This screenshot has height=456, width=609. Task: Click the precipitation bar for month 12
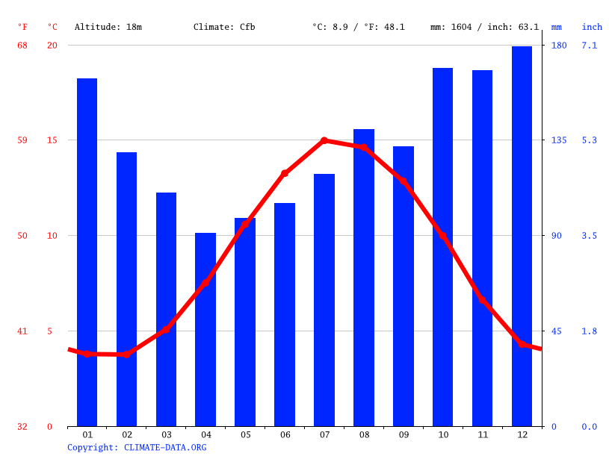[x=522, y=236]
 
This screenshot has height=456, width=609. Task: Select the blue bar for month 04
[x=205, y=329]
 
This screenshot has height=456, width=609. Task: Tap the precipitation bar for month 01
[x=87, y=252]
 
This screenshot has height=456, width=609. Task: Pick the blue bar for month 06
[x=285, y=314]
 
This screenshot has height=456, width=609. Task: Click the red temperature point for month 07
[x=324, y=140]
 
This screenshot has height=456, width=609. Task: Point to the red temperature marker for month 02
[x=126, y=354]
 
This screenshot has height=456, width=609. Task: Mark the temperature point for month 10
[x=442, y=236]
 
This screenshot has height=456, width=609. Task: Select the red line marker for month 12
[x=522, y=343]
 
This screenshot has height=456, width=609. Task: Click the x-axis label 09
[x=404, y=434]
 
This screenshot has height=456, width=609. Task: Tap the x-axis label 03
[x=166, y=434]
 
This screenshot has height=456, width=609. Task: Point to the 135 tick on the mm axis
[x=559, y=140]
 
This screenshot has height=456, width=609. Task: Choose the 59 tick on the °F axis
[x=22, y=140]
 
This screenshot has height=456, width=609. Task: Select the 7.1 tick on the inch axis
[x=590, y=46]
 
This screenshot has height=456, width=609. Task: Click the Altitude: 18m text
[x=108, y=27]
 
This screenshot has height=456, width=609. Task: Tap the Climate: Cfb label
[x=224, y=27]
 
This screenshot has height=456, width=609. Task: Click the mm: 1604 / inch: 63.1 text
[x=484, y=27]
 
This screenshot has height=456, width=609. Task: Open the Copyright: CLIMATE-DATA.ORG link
[x=137, y=447]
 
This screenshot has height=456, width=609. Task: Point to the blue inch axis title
[x=592, y=27]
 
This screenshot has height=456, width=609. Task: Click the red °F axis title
[x=22, y=27]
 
